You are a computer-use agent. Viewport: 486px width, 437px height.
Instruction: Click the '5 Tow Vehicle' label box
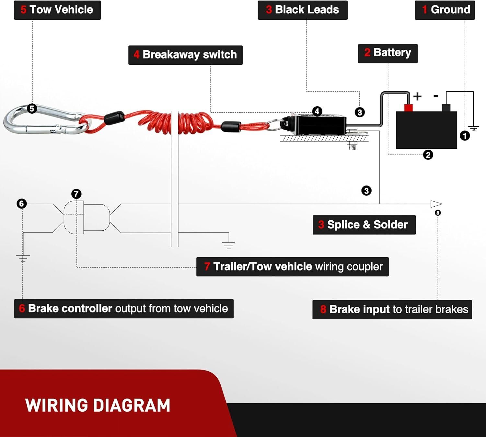pyautogui.click(x=57, y=10)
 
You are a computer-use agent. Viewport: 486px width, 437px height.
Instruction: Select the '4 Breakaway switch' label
pyautogui.click(x=185, y=55)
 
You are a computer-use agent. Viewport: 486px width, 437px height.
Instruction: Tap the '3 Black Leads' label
pyautogui.click(x=302, y=10)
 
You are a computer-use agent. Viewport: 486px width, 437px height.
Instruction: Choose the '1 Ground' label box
pyautogui.click(x=445, y=10)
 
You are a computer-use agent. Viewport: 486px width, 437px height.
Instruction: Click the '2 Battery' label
pyautogui.click(x=388, y=53)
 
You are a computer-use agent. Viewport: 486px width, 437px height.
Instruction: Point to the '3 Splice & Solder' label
pyautogui.click(x=364, y=224)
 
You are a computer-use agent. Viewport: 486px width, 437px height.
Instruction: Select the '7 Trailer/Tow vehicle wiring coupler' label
pyautogui.click(x=292, y=267)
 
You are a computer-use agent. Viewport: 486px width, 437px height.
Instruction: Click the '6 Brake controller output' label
pyautogui.click(x=124, y=308)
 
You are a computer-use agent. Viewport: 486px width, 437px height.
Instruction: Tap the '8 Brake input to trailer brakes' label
pyautogui.click(x=392, y=309)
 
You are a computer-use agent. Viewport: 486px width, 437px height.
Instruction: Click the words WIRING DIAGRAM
pyautogui.click(x=98, y=405)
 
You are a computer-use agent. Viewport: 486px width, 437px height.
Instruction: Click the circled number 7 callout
pyautogui.click(x=76, y=194)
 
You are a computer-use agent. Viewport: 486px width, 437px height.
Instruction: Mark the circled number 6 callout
pyautogui.click(x=22, y=203)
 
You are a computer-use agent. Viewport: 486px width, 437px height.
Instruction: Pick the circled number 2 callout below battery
pyautogui.click(x=428, y=155)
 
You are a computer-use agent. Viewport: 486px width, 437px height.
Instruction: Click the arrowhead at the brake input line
pyautogui.click(x=436, y=204)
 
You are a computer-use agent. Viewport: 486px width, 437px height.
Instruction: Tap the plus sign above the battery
pyautogui.click(x=417, y=96)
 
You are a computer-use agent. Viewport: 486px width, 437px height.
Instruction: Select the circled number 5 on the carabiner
pyautogui.click(x=32, y=109)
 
